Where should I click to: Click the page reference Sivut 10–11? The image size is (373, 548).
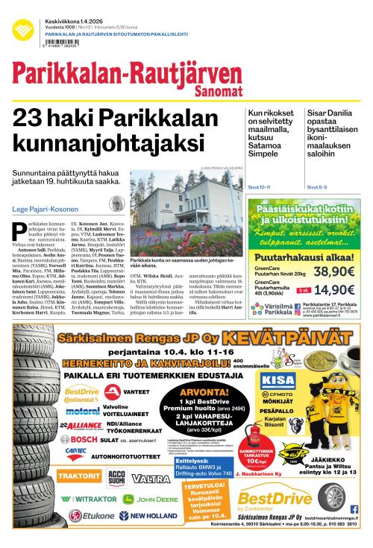pyautogui.click(x=259, y=187)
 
